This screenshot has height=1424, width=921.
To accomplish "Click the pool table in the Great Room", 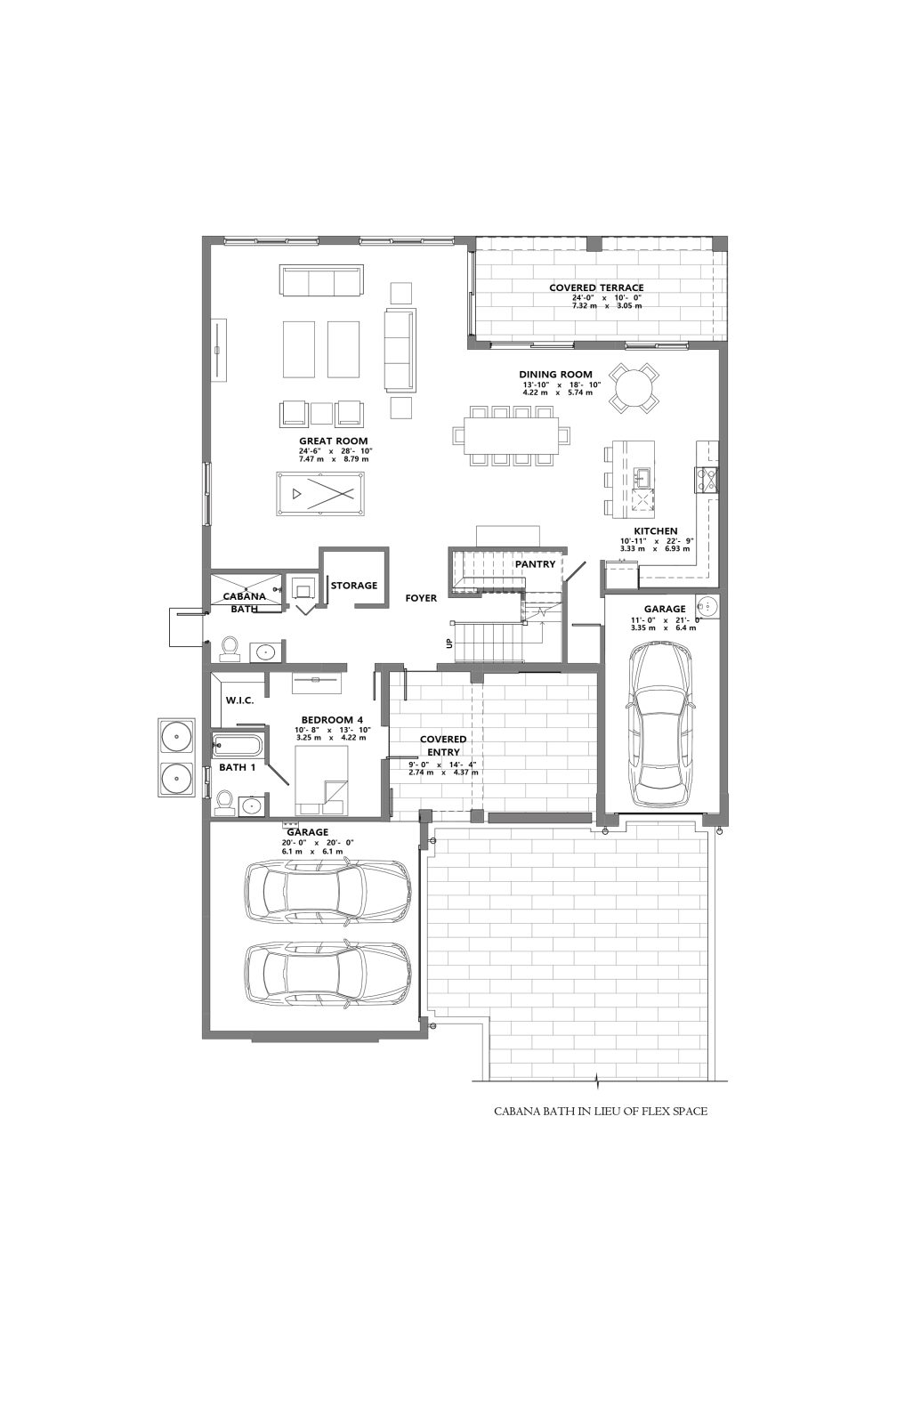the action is click(320, 493).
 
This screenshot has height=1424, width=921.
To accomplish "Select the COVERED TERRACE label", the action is click(596, 288).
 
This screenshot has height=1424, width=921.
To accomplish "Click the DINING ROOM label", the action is click(555, 375).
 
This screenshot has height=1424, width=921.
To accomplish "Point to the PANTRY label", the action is click(535, 564).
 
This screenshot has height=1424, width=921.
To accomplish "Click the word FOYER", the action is click(421, 598).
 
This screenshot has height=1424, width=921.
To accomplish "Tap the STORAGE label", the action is click(353, 586).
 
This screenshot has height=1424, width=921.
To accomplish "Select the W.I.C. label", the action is click(239, 700).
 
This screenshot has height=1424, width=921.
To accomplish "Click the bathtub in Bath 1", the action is click(236, 744).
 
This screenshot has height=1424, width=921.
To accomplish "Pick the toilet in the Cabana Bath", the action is click(229, 646).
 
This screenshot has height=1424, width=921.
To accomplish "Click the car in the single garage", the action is click(659, 724).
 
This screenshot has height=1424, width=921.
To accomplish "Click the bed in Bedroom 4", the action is click(321, 780).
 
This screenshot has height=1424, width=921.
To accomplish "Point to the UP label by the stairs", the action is click(449, 643).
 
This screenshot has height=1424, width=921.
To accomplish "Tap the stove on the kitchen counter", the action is click(707, 478).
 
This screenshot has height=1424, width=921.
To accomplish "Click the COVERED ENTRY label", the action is click(443, 745).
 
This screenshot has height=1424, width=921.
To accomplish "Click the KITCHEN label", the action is click(655, 530).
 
